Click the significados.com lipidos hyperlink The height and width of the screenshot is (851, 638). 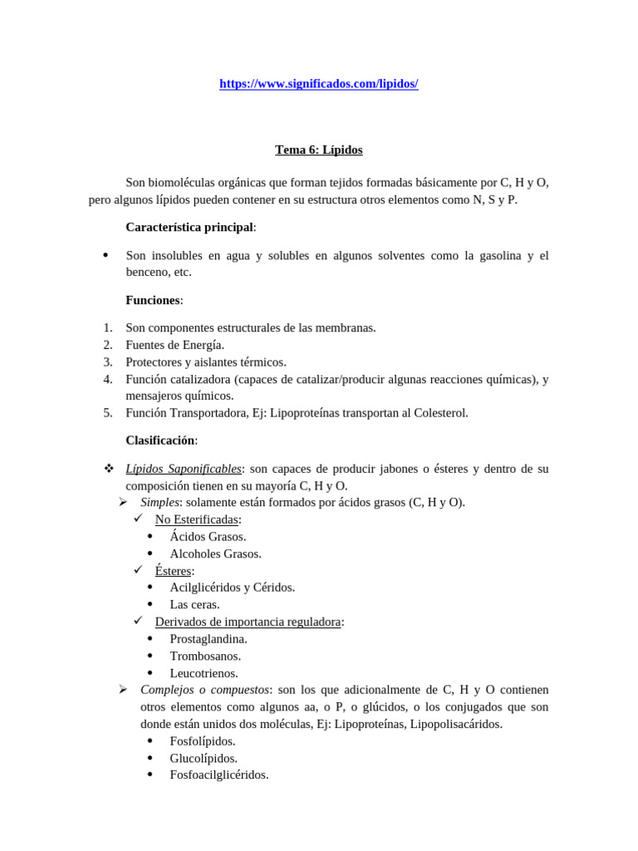tap(318, 84)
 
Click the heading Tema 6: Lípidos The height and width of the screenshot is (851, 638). tap(318, 150)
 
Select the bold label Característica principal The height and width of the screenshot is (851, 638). tap(189, 227)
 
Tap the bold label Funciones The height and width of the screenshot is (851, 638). tap(153, 300)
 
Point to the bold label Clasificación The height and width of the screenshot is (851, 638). tap(159, 440)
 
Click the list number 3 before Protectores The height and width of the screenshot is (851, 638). tap(107, 362)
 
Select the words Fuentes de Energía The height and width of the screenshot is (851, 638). tap(174, 345)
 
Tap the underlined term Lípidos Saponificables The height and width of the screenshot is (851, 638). tap(183, 469)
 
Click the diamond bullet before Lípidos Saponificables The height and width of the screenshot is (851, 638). tap(109, 469)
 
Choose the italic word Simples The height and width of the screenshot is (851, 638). tap(159, 503)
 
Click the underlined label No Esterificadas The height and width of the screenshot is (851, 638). tap(197, 519)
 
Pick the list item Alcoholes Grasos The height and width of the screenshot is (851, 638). tap(215, 553)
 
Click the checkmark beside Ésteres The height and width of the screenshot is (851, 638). tap(138, 570)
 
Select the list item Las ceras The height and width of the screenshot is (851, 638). tap(194, 605)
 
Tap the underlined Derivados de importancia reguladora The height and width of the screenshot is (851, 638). tap(248, 622)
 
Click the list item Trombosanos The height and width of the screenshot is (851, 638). tap(205, 656)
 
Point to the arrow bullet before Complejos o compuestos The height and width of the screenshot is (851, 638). tap(123, 690)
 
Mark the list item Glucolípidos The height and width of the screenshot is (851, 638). tap(204, 758)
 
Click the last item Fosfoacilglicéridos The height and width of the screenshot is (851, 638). tap(219, 775)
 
